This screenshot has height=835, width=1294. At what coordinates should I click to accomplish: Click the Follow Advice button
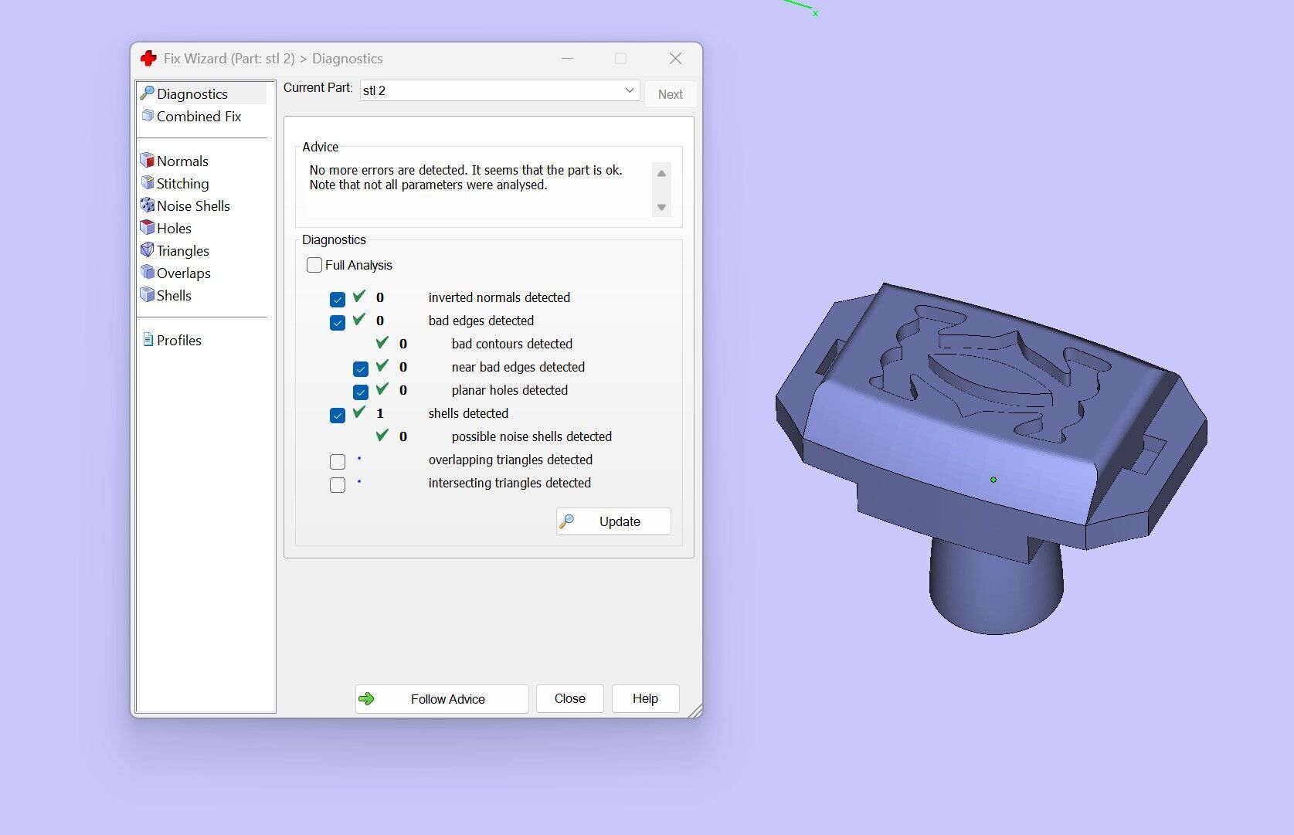click(442, 699)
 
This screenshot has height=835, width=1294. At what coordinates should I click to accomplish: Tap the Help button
click(645, 699)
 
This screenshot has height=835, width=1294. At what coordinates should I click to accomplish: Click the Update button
click(613, 521)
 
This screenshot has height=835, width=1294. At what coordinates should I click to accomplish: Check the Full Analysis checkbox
click(314, 265)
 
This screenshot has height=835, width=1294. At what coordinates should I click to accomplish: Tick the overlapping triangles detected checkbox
click(338, 462)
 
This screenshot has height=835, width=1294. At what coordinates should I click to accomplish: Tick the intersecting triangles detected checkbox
click(338, 485)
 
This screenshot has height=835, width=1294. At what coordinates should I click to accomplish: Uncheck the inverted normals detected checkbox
click(338, 300)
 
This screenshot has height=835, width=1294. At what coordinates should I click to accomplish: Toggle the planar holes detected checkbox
click(361, 392)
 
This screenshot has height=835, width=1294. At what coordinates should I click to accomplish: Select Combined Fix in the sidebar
click(199, 117)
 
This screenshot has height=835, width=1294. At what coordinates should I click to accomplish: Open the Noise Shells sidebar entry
click(193, 206)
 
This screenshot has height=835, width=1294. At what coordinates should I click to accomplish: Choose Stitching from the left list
click(182, 184)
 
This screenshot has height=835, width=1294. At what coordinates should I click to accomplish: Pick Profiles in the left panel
click(178, 341)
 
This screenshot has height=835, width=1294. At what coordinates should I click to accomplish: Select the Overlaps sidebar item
click(183, 273)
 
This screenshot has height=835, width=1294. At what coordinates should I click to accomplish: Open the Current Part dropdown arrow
click(630, 90)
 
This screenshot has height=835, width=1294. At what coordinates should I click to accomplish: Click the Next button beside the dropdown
click(670, 94)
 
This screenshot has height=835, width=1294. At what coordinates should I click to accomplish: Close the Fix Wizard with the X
click(675, 59)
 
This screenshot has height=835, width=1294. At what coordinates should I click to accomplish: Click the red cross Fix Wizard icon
click(148, 59)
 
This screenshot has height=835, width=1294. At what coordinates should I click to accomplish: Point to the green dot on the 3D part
click(993, 480)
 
